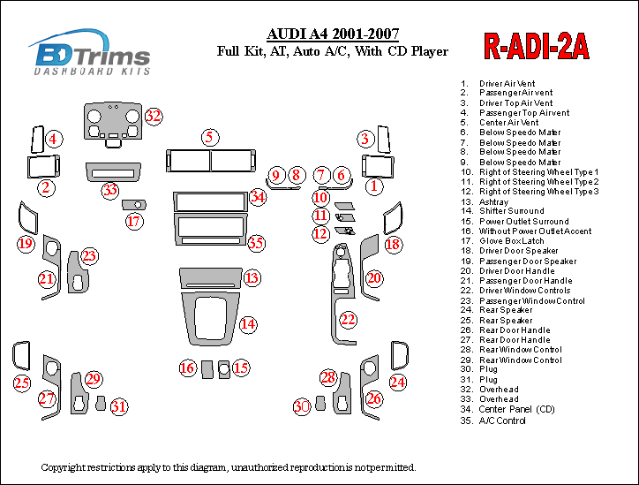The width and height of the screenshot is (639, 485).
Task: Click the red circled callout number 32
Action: [154, 116]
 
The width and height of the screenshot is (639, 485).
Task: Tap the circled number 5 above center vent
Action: [209, 137]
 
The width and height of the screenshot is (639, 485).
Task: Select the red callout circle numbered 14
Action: [249, 324]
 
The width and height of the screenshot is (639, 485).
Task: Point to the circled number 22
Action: [349, 319]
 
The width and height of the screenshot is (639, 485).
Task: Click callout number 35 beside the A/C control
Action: [256, 242]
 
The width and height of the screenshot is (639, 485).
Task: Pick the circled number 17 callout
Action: [133, 221]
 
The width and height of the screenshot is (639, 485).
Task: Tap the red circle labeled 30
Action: [302, 405]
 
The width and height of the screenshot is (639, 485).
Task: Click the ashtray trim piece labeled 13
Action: [210, 277]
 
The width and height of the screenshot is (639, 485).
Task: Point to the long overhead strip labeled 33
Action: [113, 170]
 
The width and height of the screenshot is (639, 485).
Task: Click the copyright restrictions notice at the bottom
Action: [228, 466]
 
